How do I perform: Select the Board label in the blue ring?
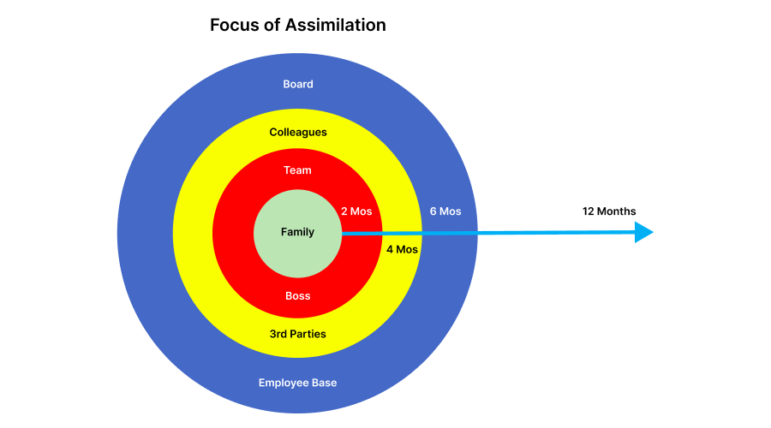click(298, 84)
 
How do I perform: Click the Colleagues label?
click(298, 132)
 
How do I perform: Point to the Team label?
click(298, 170)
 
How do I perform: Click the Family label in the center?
click(298, 232)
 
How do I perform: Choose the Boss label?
click(298, 296)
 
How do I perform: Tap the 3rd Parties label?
click(298, 334)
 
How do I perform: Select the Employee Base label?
click(298, 383)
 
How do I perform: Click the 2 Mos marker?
click(356, 211)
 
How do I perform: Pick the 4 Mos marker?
click(402, 250)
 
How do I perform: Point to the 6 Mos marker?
click(445, 211)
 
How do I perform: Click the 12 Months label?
click(609, 211)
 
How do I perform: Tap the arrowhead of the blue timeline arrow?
click(644, 232)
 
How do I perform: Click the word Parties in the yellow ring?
click(309, 334)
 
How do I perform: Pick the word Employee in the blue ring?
click(284, 383)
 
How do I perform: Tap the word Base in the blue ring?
click(325, 383)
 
